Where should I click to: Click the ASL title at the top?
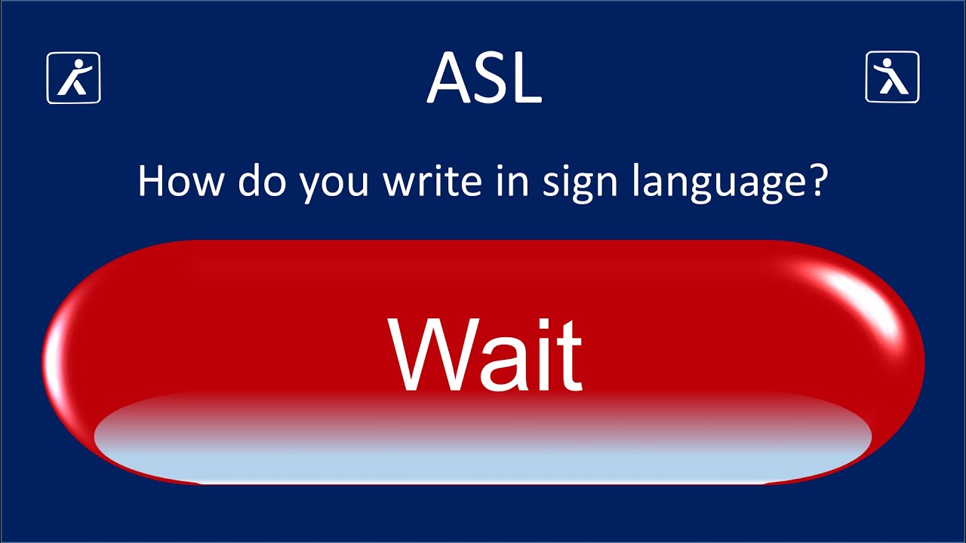(x=484, y=78)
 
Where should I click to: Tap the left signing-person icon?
(x=74, y=77)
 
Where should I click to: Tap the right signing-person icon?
(x=891, y=77)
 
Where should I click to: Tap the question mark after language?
(x=817, y=182)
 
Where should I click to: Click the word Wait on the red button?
(x=485, y=354)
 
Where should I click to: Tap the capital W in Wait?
(x=426, y=354)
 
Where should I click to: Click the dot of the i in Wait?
(x=534, y=324)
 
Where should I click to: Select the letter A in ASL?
(x=450, y=78)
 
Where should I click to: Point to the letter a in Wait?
(x=495, y=365)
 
